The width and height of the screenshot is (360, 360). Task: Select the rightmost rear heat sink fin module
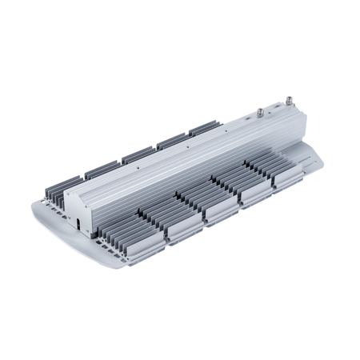203,127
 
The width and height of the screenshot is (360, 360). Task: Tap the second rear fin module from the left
102,169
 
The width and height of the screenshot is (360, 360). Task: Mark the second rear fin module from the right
171,140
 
